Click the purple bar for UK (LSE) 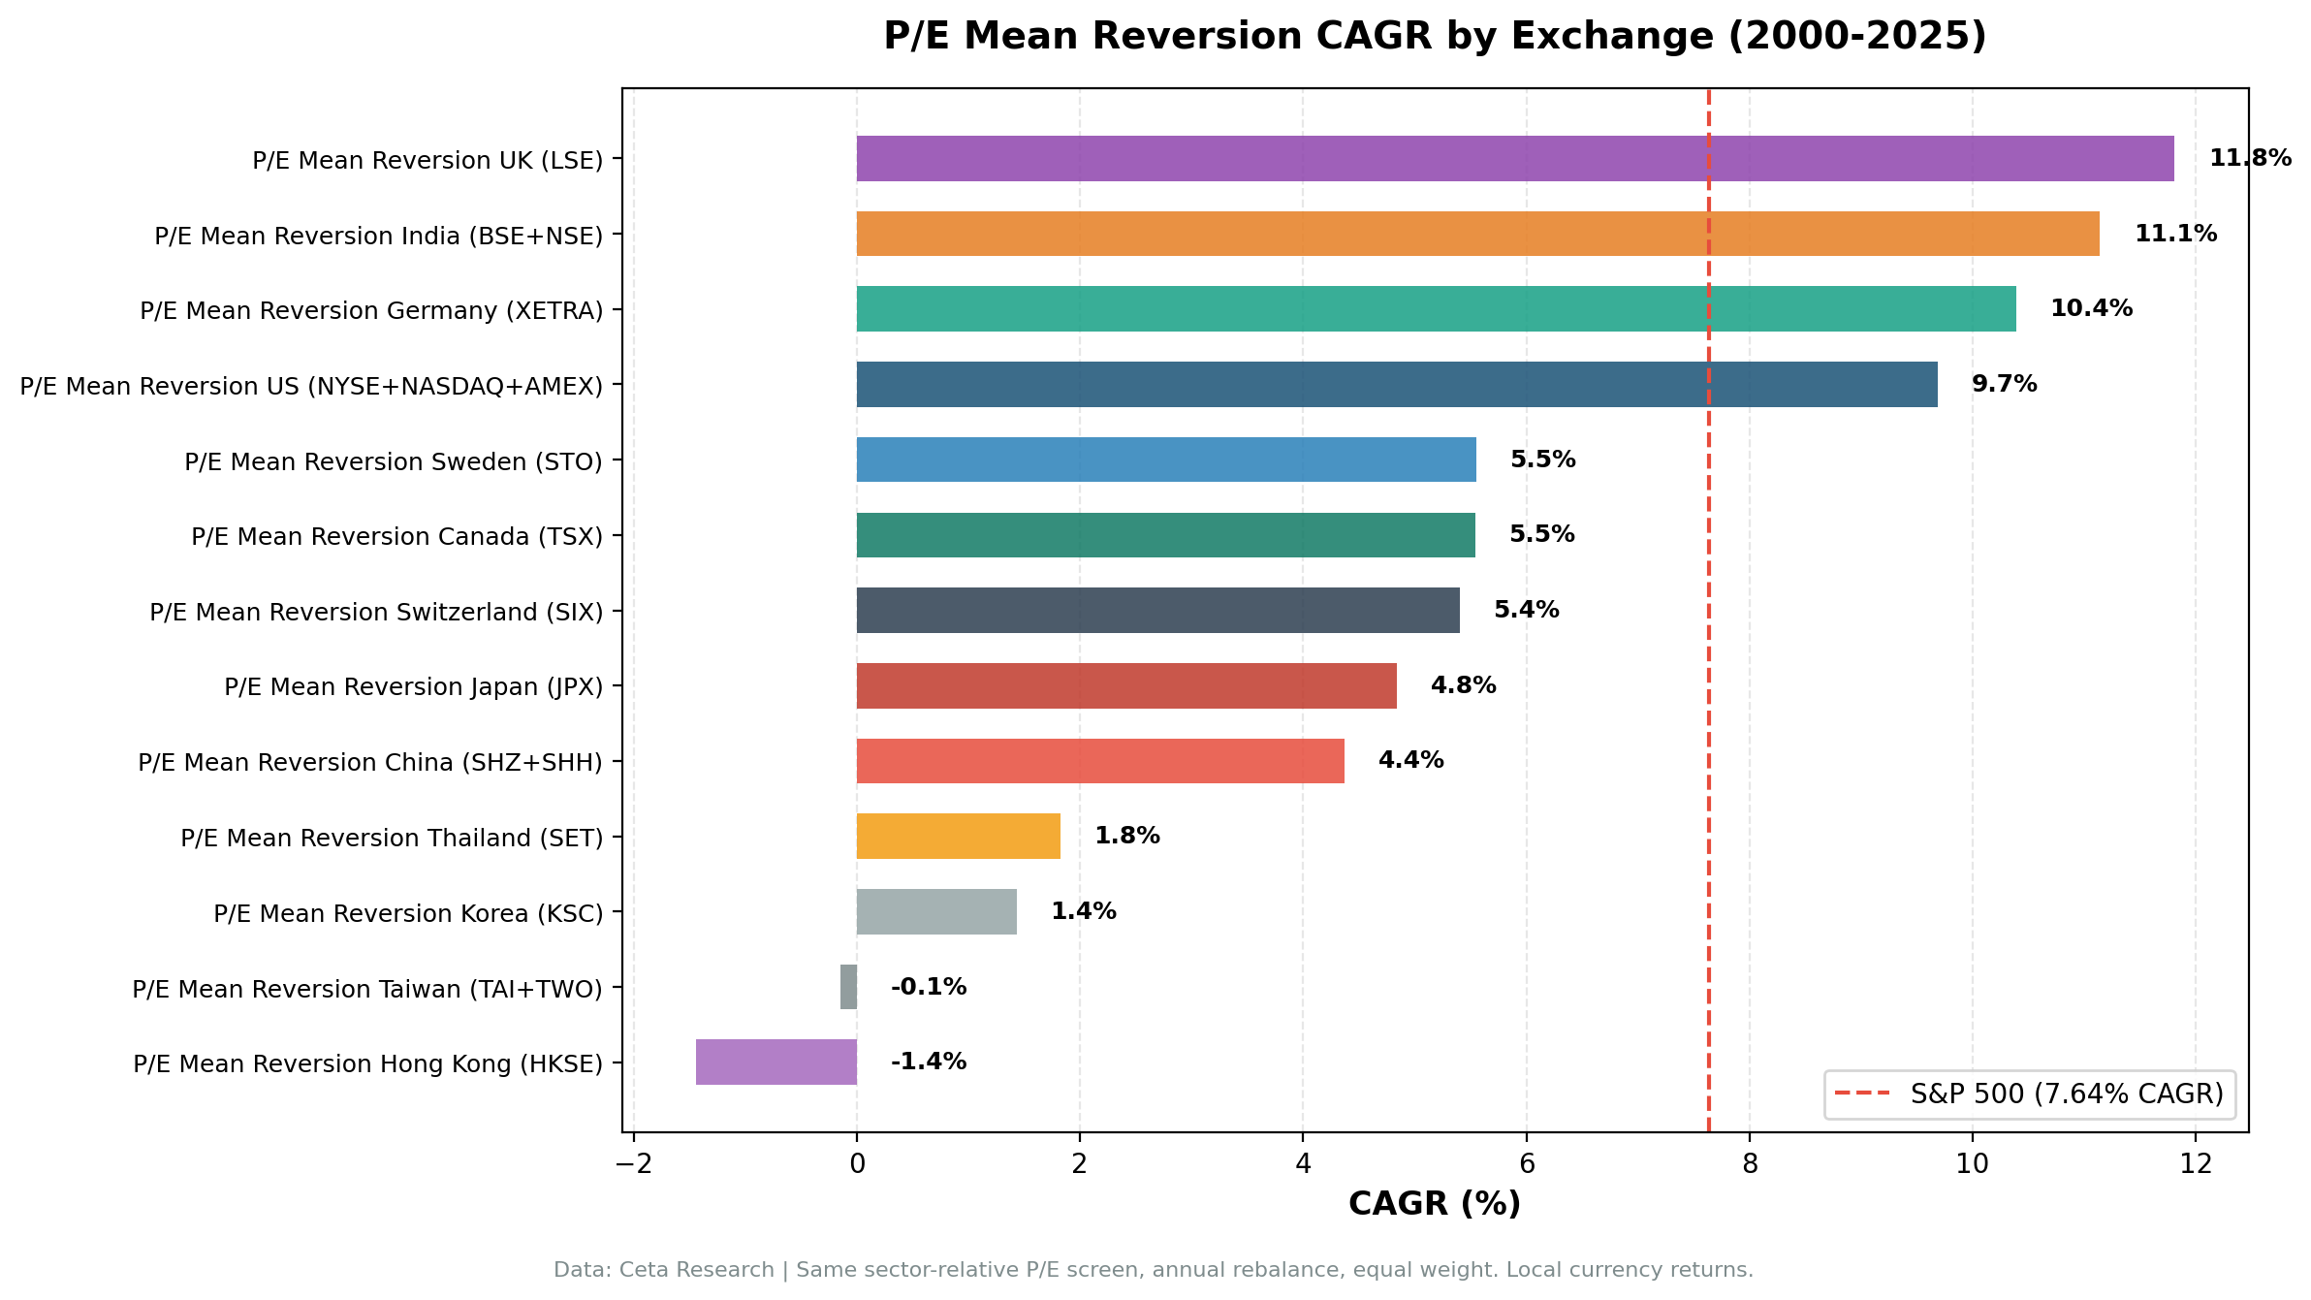(1514, 158)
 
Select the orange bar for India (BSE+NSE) (1477, 234)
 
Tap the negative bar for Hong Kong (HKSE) (776, 1062)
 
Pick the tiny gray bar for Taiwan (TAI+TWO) (848, 987)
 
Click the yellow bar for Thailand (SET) (958, 836)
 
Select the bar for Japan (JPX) (1125, 685)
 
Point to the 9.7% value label (2004, 384)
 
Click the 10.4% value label (2091, 308)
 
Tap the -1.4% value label (928, 1062)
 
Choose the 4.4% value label (1410, 760)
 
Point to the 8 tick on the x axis (1749, 1163)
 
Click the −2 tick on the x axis (633, 1163)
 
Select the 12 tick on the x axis (2196, 1163)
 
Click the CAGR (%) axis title (1434, 1203)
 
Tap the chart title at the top (1434, 36)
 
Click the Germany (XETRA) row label (371, 310)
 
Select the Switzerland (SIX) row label (376, 612)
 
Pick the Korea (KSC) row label (408, 913)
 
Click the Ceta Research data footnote (1153, 1270)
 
